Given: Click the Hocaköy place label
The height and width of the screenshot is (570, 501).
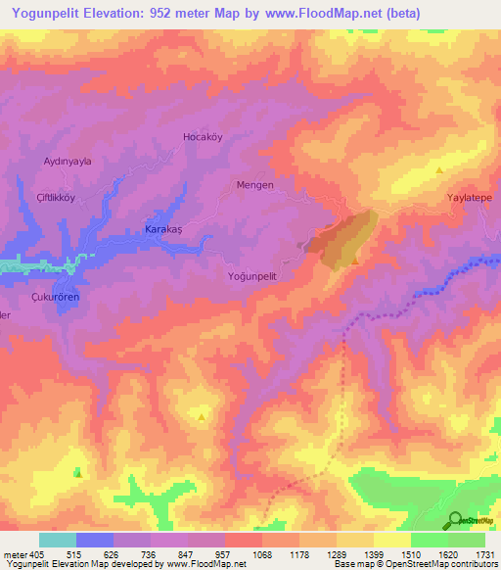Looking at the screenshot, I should coord(204,137).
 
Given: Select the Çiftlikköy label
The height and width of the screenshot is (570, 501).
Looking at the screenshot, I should coord(56,194).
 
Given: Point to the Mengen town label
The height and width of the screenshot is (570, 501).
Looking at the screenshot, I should coord(254,184).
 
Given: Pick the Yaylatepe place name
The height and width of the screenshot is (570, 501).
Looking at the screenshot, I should coord(468,197).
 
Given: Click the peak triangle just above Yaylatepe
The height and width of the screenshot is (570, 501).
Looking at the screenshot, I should coord(439,170).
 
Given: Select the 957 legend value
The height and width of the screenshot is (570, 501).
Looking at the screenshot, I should coord(222,554).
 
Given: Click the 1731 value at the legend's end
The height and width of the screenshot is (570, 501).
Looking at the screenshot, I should coord(485,554).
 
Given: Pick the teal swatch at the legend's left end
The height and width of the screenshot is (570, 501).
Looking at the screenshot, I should coord(57,540).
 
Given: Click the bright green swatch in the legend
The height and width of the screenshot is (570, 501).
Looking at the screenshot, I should coord(429,540).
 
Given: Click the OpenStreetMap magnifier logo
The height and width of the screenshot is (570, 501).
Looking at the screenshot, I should coord(455,520).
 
